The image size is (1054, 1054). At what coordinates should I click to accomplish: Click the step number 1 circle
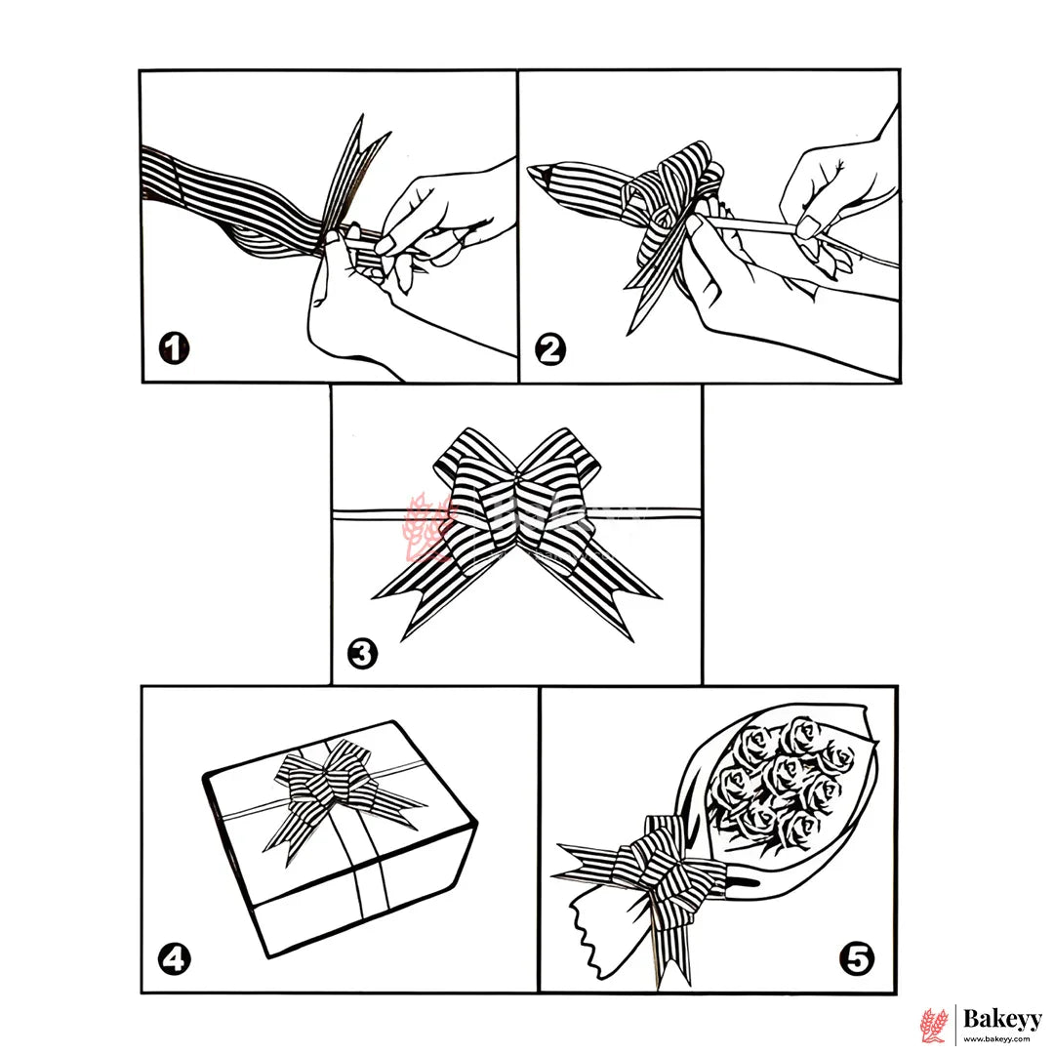174,348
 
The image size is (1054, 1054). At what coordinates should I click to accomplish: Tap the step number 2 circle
549,349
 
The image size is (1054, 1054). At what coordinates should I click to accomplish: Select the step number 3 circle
362,653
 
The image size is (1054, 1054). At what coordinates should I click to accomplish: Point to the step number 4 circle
174,958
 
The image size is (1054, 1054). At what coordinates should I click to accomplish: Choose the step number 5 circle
857,958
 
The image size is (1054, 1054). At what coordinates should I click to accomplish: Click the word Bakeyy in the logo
1002,1019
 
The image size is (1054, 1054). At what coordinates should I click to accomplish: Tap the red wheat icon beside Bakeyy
934,1025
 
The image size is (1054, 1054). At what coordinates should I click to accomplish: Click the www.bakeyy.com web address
996,1039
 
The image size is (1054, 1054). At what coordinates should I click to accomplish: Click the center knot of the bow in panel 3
516,478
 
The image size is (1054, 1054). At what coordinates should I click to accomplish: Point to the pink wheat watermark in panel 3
425,528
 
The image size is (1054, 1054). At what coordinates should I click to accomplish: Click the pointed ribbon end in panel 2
540,174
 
